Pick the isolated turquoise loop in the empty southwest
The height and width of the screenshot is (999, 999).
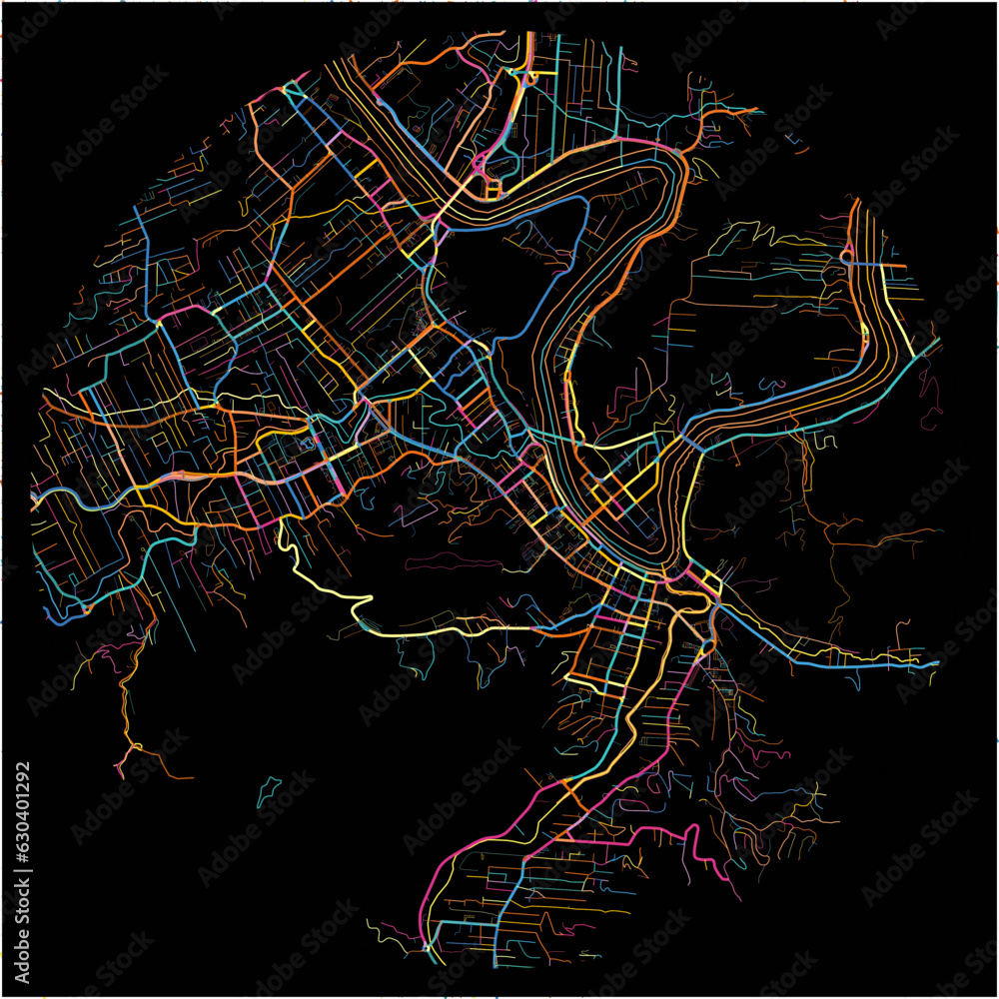click(x=267, y=791)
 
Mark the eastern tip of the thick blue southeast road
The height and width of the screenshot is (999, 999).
click(x=937, y=662)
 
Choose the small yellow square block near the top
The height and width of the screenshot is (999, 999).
click(x=493, y=188)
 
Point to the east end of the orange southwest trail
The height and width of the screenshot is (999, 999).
click(x=190, y=776)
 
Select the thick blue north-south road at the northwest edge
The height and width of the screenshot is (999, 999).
click(x=147, y=260)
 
